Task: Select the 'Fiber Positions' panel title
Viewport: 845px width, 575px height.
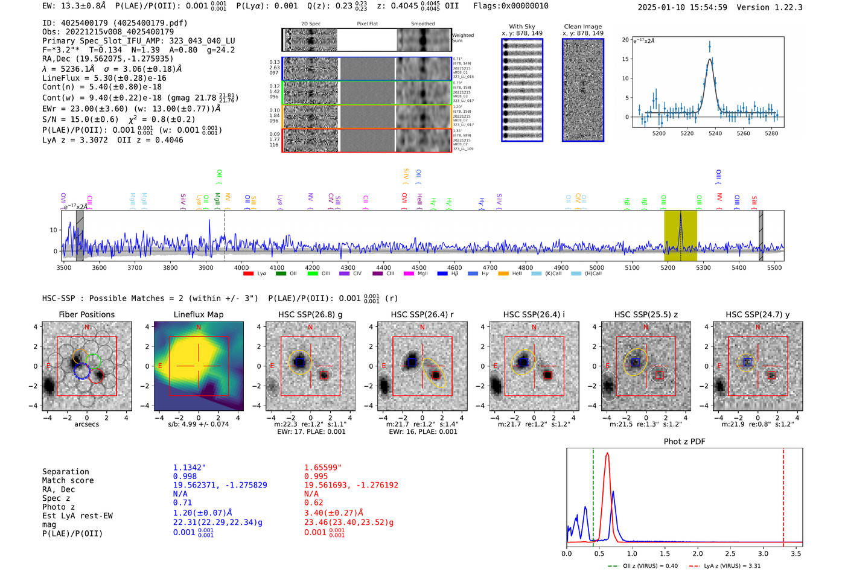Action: tap(86, 314)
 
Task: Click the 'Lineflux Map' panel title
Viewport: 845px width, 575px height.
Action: tap(198, 314)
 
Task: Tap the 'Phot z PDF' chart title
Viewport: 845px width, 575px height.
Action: tap(684, 441)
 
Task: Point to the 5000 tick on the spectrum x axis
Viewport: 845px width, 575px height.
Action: tap(596, 268)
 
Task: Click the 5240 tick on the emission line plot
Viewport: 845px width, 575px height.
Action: tap(715, 133)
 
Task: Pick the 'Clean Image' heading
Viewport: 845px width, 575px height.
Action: tap(582, 27)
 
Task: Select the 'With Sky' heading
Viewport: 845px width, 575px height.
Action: tap(521, 27)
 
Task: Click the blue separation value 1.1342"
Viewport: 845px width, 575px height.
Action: tap(189, 468)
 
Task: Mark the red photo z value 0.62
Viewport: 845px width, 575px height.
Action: tap(314, 503)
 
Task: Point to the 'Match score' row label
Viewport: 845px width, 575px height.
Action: tap(68, 480)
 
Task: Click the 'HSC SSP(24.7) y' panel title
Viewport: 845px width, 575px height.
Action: tap(757, 314)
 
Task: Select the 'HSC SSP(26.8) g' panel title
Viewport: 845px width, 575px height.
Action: tap(310, 314)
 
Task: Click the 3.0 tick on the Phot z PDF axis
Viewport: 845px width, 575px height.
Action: tap(763, 553)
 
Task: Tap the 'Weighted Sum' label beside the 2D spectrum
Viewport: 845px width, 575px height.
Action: tap(462, 38)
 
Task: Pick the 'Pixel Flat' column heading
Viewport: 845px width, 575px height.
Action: tap(367, 24)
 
